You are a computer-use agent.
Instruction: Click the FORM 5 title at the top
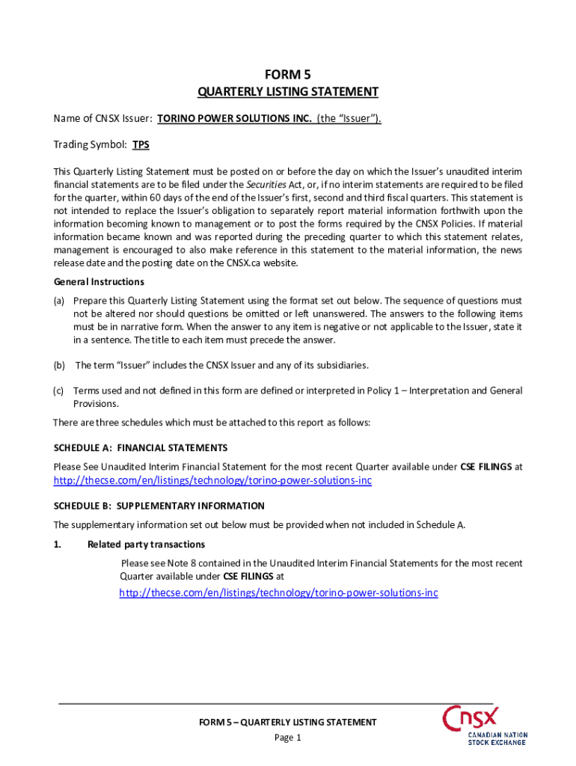tap(287, 74)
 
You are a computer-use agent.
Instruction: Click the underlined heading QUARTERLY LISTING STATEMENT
tap(287, 92)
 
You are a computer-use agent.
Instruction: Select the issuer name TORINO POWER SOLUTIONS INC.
tap(235, 118)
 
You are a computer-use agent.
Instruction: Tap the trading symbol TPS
tap(141, 144)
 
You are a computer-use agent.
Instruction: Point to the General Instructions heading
tap(99, 282)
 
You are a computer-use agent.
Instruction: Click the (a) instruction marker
tap(58, 301)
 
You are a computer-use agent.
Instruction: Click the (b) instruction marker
tap(58, 365)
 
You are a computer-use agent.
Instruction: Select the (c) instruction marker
tap(58, 390)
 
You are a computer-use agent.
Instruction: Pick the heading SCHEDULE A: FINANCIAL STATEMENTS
tap(141, 447)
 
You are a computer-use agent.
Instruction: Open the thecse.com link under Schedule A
tap(212, 480)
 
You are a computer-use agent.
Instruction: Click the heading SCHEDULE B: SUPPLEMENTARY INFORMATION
tap(159, 506)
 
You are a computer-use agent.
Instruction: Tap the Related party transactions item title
tap(146, 544)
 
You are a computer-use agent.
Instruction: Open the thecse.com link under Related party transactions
tap(278, 592)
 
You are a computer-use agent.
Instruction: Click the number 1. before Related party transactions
tap(58, 544)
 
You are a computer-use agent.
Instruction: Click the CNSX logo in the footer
tap(483, 723)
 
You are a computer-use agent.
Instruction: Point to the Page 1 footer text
tap(287, 738)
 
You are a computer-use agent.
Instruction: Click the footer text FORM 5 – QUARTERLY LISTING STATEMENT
tap(287, 722)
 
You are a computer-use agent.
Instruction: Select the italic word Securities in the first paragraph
tap(268, 184)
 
